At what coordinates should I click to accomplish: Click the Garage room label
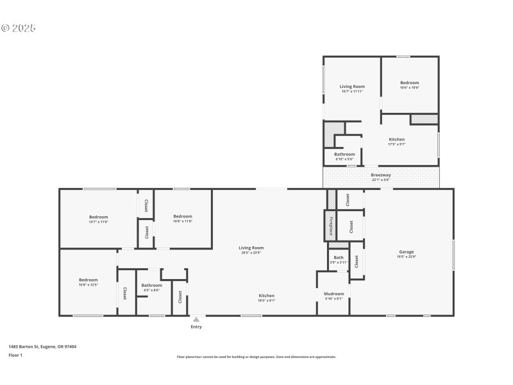[407, 252]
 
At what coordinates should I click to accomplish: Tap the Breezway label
[381, 175]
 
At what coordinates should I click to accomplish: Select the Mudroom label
[333, 294]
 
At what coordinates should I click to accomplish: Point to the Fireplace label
[331, 226]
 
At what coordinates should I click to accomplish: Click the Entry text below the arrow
[196, 327]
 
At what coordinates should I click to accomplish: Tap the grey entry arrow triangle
[196, 319]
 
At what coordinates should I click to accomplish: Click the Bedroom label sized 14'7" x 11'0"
[98, 217]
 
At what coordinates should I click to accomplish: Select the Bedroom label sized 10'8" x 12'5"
[88, 280]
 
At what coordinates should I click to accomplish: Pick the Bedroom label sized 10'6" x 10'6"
[410, 83]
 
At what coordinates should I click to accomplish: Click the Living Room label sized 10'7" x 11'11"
[352, 87]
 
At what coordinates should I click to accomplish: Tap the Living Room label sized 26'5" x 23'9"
[251, 248]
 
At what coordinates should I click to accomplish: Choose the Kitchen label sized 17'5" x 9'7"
[397, 139]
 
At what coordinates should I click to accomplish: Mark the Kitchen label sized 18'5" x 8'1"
[267, 296]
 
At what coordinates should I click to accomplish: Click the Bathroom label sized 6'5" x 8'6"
[152, 286]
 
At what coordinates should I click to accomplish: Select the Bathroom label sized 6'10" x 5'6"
[344, 155]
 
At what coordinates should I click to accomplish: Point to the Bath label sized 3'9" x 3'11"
[339, 257]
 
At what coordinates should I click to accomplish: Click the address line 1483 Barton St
[42, 346]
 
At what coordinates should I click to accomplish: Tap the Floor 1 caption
[15, 355]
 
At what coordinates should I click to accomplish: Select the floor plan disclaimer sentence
[256, 357]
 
